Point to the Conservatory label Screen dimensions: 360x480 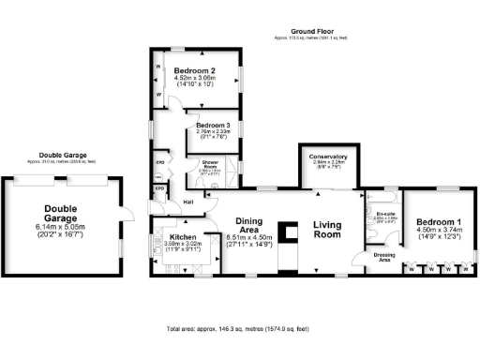pyautogui.click(x=329, y=156)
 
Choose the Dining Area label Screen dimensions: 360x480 pyautogui.click(x=247, y=224)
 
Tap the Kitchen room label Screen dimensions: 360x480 pyautogui.click(x=184, y=238)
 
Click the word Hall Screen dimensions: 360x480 pyautogui.click(x=188, y=202)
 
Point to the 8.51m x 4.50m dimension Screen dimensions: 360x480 pyautogui.click(x=247, y=238)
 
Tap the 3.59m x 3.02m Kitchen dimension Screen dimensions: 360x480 pyautogui.click(x=184, y=245)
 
